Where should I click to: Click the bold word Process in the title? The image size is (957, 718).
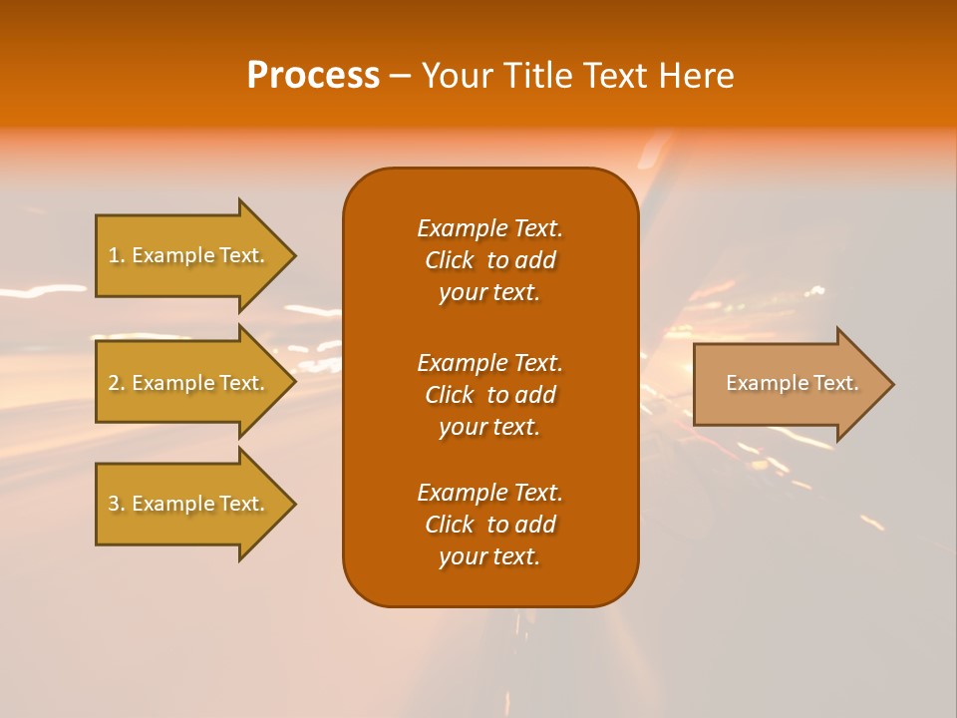[x=313, y=76]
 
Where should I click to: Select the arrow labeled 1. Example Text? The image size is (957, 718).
[x=189, y=255]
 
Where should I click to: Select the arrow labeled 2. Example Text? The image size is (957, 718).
[x=189, y=383]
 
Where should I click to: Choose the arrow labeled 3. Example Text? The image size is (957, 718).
[x=189, y=504]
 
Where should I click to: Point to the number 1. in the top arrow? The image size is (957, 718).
[x=117, y=255]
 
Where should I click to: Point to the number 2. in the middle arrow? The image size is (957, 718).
[x=117, y=383]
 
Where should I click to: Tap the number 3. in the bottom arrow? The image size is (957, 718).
[x=117, y=504]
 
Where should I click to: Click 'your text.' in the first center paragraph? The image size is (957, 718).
[x=489, y=293]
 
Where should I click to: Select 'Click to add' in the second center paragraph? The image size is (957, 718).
[x=489, y=395]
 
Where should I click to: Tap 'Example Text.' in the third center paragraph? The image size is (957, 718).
[x=489, y=493]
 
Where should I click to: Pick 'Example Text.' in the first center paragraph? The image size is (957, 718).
[x=489, y=228]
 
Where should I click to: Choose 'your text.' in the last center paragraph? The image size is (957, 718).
[x=489, y=556]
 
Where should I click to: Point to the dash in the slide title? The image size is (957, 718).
[x=400, y=77]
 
